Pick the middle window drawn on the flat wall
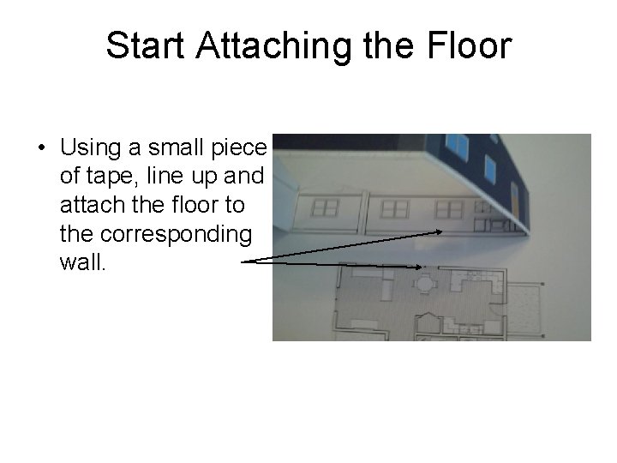pyautogui.click(x=394, y=208)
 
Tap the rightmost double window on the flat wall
pyautogui.click(x=448, y=208)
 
